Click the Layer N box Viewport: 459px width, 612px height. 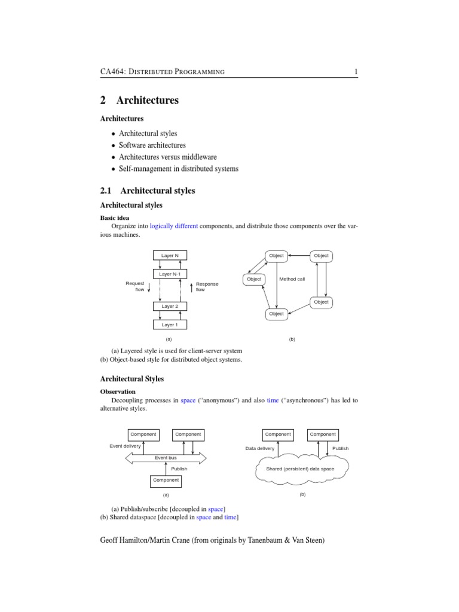point(170,255)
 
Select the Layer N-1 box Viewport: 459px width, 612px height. point(170,274)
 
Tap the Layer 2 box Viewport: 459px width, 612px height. point(170,306)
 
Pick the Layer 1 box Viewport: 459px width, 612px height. point(170,325)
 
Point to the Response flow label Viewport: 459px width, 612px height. point(207,287)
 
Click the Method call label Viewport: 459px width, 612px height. point(292,279)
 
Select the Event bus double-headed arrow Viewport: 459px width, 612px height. point(166,458)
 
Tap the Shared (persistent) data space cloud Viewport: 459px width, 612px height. point(300,469)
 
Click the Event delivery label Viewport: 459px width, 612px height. point(126,446)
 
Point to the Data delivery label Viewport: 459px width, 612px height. point(260,448)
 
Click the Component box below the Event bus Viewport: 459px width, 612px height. point(166,480)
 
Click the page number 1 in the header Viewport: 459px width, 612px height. point(356,72)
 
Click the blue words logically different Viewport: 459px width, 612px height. point(173,227)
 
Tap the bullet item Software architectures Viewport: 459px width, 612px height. point(152,145)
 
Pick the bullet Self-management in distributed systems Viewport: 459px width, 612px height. point(178,169)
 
